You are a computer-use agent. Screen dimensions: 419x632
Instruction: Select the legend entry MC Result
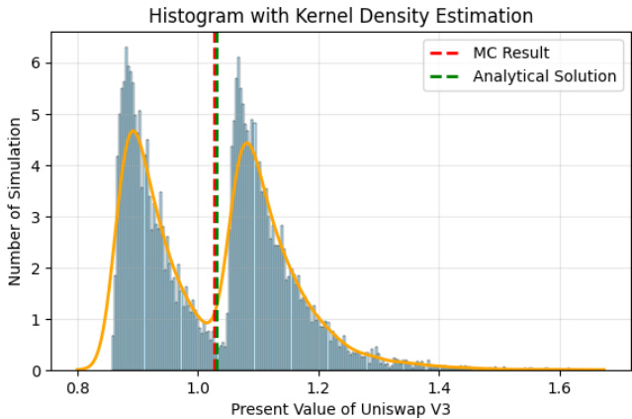[510, 52]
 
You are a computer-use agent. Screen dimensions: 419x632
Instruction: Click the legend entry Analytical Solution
[545, 76]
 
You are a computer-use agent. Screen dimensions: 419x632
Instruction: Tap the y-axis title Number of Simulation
[15, 202]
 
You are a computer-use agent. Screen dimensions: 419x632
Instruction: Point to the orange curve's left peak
[133, 131]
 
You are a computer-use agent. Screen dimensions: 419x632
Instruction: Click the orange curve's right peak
[246, 144]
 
